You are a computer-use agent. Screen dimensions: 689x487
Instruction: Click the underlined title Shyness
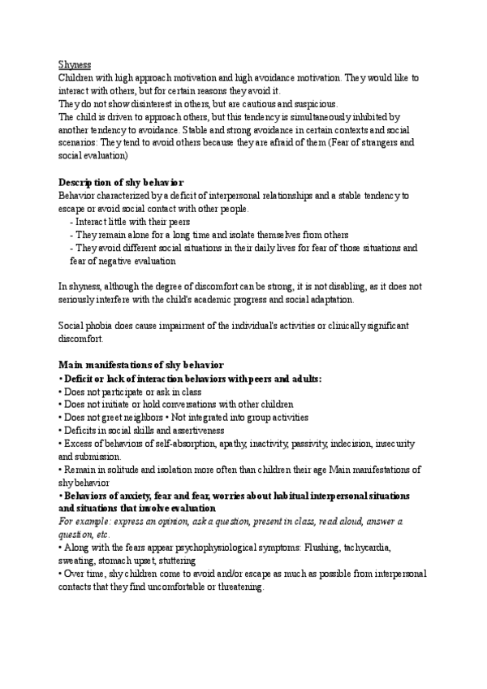(x=75, y=64)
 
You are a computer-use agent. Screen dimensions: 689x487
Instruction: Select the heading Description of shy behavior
(x=122, y=181)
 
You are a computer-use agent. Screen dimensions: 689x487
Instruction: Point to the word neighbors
(x=148, y=418)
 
